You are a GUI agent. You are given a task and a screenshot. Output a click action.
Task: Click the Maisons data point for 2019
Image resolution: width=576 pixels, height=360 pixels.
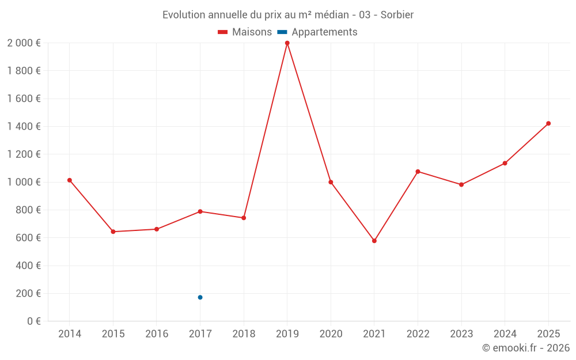point(287,43)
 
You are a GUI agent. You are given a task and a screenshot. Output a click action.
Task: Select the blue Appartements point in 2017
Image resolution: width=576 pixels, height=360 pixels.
point(200,297)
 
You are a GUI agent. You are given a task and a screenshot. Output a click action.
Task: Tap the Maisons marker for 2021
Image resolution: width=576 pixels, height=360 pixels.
point(374,241)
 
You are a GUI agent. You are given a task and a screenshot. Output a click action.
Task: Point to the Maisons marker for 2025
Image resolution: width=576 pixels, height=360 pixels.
point(548,123)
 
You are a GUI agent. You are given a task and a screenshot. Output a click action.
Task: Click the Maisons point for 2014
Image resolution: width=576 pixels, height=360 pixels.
point(70,180)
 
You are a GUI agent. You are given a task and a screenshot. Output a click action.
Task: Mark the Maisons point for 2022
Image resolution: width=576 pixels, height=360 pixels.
point(418,172)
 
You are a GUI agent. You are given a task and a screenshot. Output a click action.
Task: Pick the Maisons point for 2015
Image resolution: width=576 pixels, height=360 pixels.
point(113,232)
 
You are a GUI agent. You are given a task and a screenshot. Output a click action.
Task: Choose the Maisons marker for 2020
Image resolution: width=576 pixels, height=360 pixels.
point(331,182)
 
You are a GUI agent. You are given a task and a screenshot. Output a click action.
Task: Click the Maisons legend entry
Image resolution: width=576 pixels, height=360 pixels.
point(245,32)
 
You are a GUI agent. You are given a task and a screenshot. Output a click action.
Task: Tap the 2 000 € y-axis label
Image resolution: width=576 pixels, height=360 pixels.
point(24,43)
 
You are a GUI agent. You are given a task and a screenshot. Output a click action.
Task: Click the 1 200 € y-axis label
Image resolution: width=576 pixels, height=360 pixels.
point(24,154)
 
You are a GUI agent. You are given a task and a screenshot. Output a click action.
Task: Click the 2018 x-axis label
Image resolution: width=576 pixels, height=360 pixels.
point(244,334)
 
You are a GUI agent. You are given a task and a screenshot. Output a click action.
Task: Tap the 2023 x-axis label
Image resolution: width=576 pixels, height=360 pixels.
point(461,334)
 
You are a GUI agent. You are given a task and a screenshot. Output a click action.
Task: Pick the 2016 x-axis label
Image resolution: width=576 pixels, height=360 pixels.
point(157,334)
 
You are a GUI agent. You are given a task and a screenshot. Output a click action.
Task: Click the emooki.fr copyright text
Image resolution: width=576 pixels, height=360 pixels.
point(525,348)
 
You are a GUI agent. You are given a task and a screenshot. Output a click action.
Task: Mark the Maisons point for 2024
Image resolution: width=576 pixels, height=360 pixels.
point(505,163)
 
